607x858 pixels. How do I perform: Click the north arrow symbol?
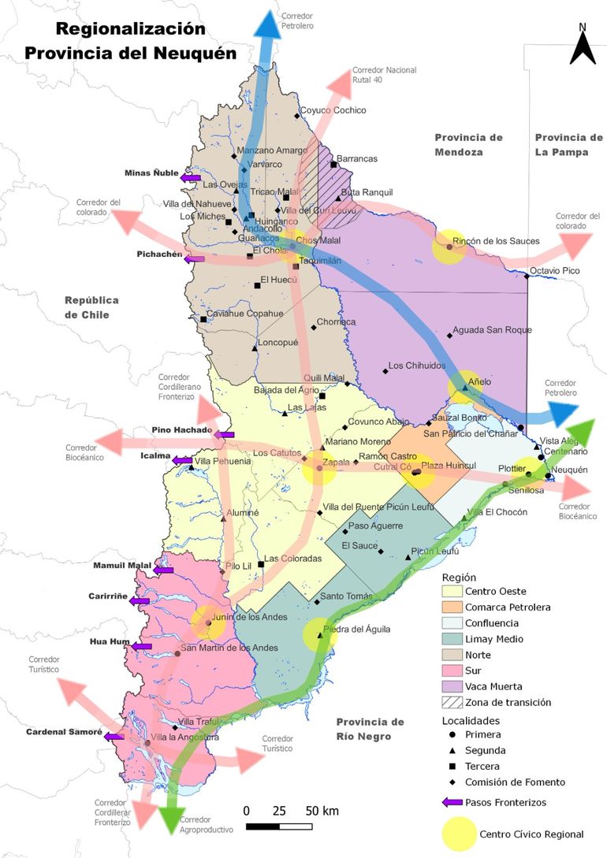(x=582, y=45)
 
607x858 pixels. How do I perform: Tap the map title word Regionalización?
(x=130, y=29)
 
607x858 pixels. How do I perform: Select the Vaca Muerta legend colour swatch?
(x=452, y=686)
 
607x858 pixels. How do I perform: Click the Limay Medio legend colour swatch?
(x=452, y=639)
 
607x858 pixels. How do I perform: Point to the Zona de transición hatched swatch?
(x=452, y=702)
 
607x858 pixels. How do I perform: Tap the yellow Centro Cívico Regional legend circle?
(x=457, y=834)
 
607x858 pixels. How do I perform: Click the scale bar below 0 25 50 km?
(x=280, y=826)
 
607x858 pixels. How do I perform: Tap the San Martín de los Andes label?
(x=229, y=648)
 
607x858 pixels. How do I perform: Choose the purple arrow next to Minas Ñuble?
(x=190, y=178)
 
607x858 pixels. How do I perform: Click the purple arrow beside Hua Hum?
(x=142, y=646)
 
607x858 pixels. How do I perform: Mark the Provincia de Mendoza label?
(x=468, y=145)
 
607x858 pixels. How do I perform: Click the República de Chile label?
(x=91, y=307)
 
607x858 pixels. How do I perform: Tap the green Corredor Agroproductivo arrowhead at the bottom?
(x=172, y=819)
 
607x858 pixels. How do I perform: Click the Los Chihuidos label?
(x=417, y=366)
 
